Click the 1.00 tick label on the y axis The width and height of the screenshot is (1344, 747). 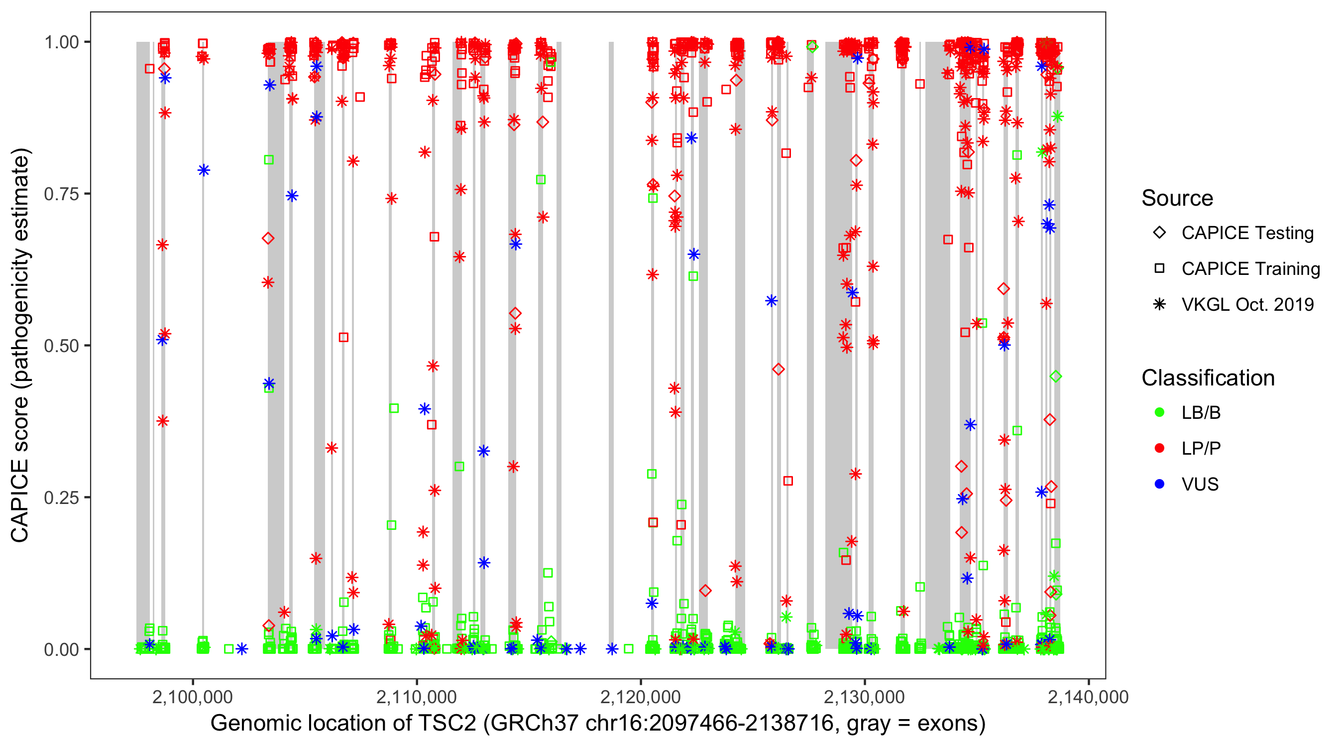[x=61, y=42]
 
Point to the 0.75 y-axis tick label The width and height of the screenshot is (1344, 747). [x=61, y=194]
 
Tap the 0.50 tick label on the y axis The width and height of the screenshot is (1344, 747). [x=61, y=346]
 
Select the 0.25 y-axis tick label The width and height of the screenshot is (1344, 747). [x=61, y=498]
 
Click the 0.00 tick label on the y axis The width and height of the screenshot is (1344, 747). [x=61, y=649]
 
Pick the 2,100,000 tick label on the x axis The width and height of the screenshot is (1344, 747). [x=193, y=697]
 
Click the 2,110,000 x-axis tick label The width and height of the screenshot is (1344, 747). [x=416, y=697]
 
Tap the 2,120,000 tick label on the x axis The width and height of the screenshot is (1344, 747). [x=640, y=697]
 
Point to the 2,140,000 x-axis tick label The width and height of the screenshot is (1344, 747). [x=1088, y=697]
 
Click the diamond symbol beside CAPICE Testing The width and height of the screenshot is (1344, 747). [x=1159, y=233]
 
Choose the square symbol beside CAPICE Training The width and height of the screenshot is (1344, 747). [x=1159, y=269]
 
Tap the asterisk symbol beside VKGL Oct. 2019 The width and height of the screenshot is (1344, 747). [x=1159, y=304]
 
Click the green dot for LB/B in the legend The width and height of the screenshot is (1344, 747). [x=1159, y=412]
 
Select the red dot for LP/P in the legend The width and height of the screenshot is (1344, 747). [x=1159, y=448]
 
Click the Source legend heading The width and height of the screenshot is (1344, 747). [x=1177, y=198]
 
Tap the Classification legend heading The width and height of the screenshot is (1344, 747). [x=1208, y=378]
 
